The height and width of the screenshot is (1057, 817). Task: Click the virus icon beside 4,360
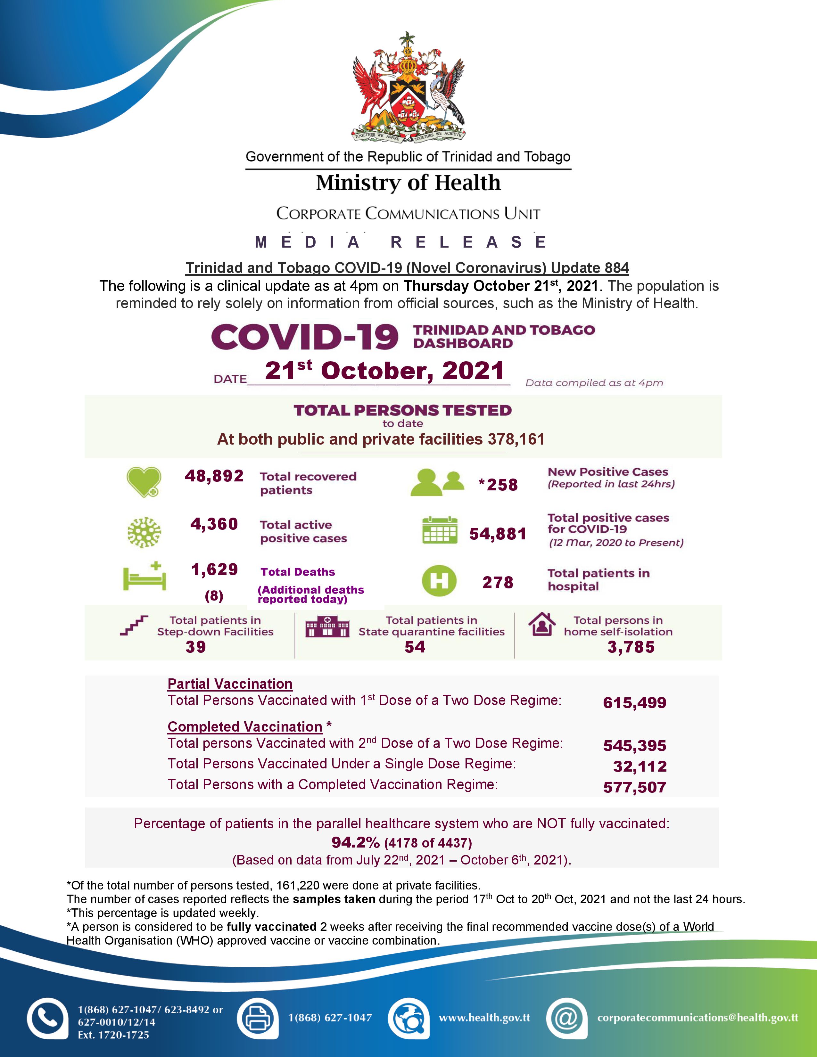(x=144, y=532)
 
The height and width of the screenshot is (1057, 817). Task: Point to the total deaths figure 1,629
(x=214, y=569)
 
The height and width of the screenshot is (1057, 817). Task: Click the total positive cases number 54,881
(x=498, y=534)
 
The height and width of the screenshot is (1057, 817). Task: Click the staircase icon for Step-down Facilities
(x=134, y=625)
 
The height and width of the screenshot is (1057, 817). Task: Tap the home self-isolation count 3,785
(x=631, y=647)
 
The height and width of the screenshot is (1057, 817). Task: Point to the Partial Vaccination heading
(x=230, y=684)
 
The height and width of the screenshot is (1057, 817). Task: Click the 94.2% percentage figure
(x=355, y=843)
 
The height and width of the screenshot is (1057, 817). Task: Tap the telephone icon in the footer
(x=47, y=1018)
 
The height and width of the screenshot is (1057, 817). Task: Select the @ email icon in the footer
(x=566, y=1018)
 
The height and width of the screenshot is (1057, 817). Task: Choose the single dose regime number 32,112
(x=640, y=766)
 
